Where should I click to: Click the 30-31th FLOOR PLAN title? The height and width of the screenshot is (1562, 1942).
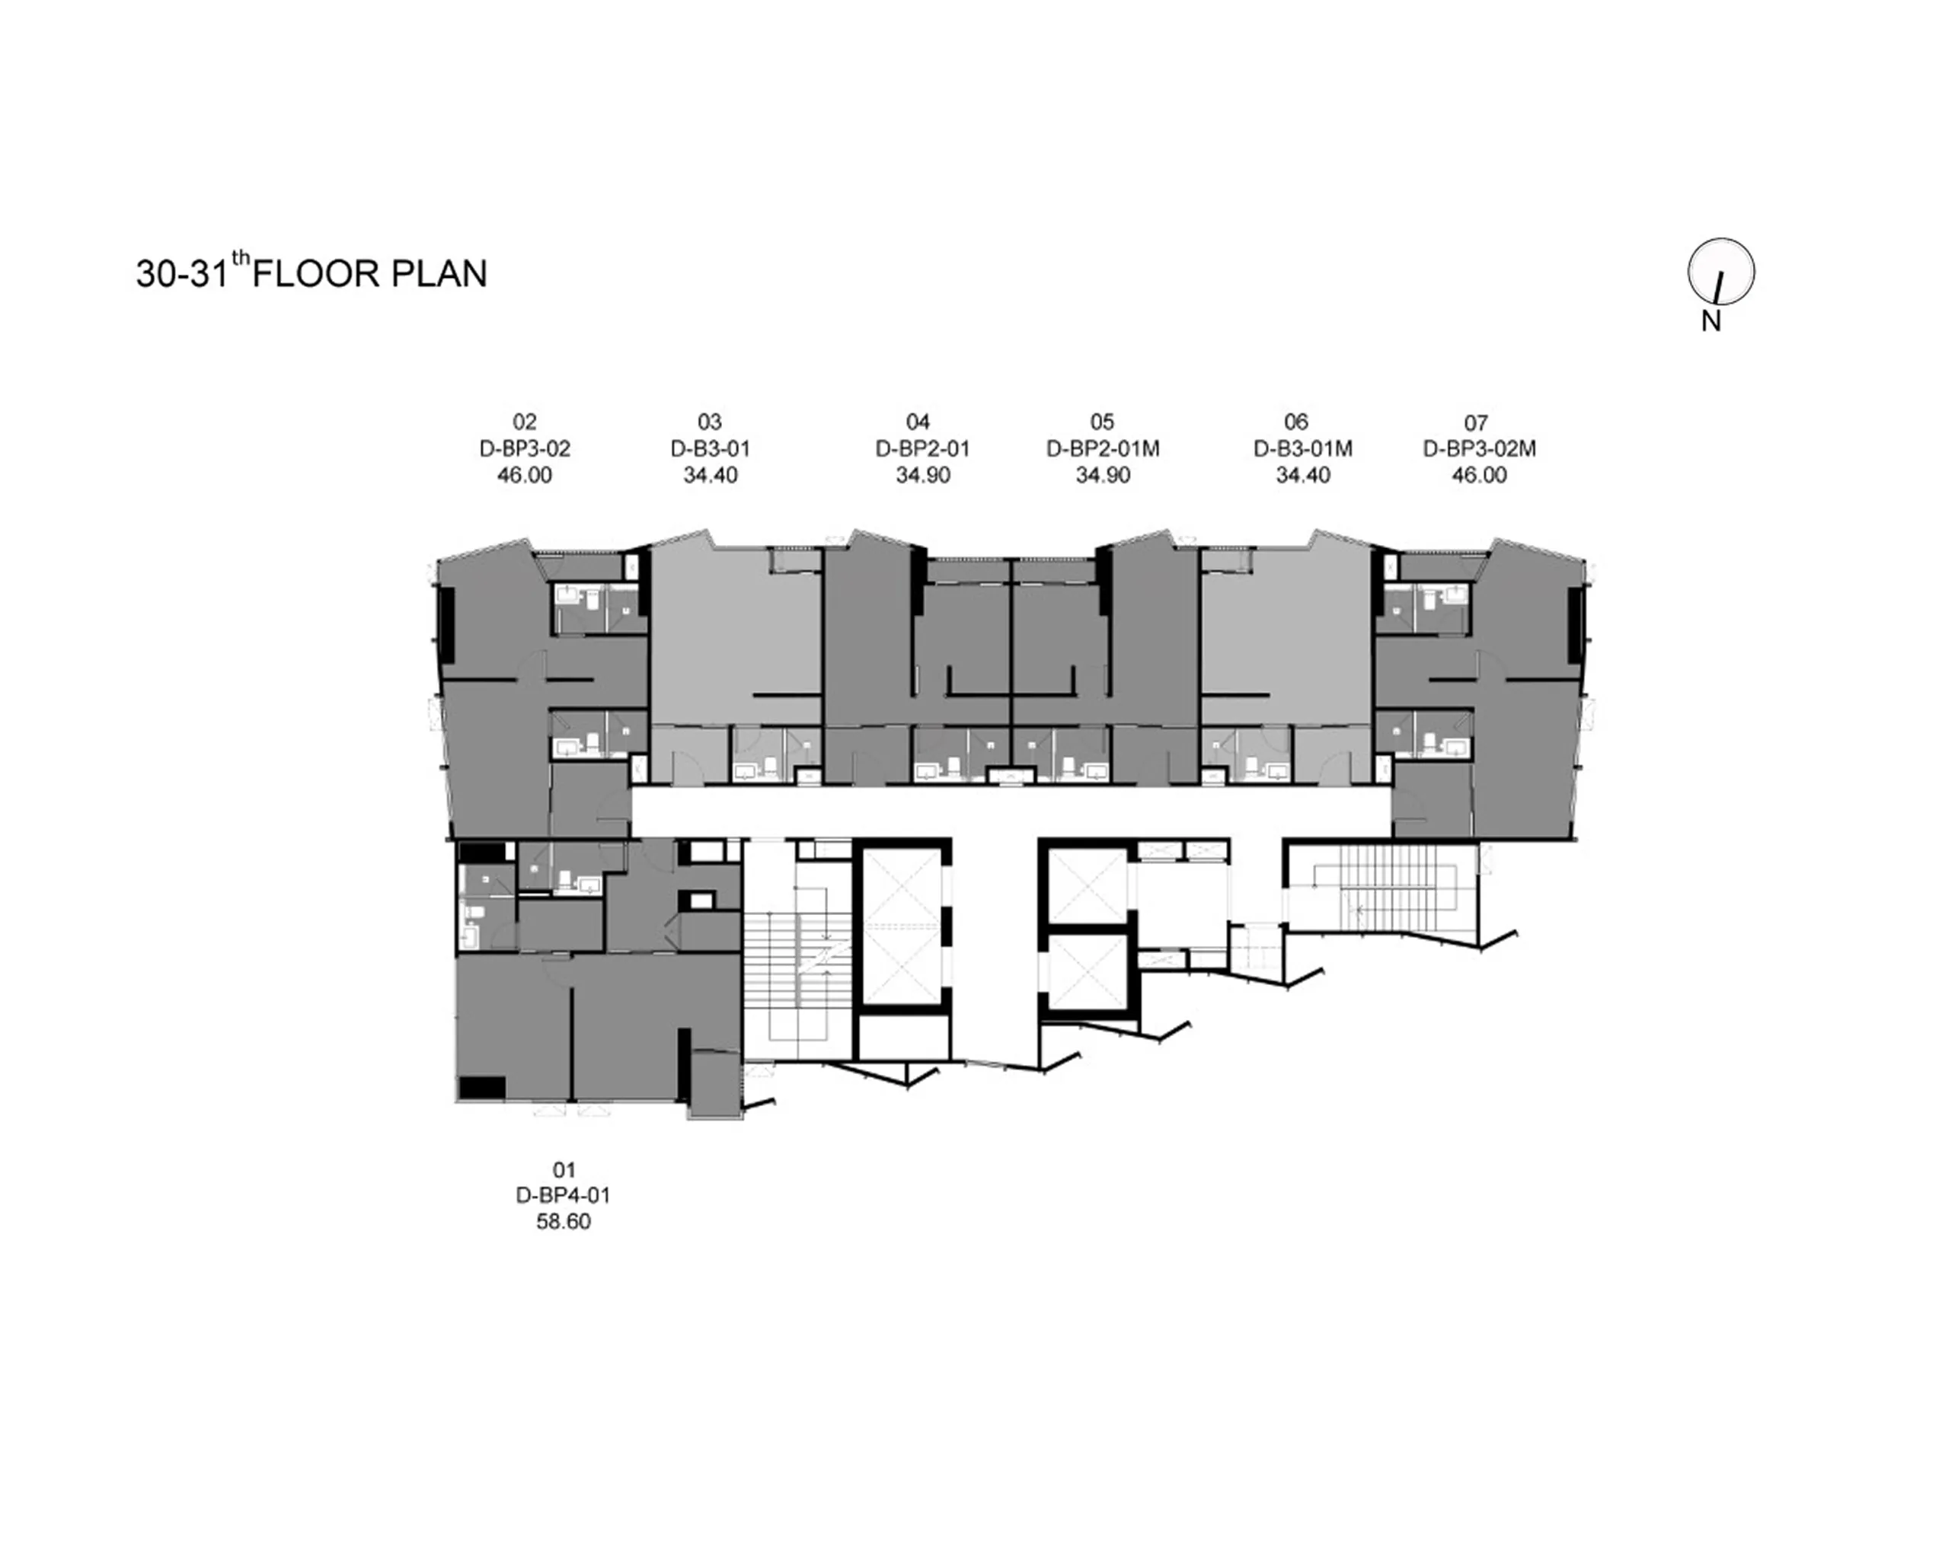[311, 272]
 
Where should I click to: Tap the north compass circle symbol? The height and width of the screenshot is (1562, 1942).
[1720, 271]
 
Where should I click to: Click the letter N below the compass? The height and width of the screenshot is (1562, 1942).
[1711, 320]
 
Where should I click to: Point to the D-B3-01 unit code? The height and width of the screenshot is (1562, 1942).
[710, 448]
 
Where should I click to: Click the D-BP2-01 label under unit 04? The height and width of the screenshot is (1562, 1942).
[922, 448]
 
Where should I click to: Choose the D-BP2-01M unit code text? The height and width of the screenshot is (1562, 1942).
[1103, 448]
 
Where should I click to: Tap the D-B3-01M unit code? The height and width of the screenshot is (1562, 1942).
[1302, 448]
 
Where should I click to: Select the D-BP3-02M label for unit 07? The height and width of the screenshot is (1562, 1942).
[1479, 448]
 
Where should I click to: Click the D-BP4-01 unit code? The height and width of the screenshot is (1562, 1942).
[563, 1196]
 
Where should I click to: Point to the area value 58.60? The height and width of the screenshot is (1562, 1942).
[563, 1222]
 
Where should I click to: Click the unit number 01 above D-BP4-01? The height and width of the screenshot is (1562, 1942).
[564, 1169]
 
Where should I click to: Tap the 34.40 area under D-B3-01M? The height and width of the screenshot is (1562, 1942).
[1302, 474]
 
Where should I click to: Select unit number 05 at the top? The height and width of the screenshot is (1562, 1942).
[1101, 422]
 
